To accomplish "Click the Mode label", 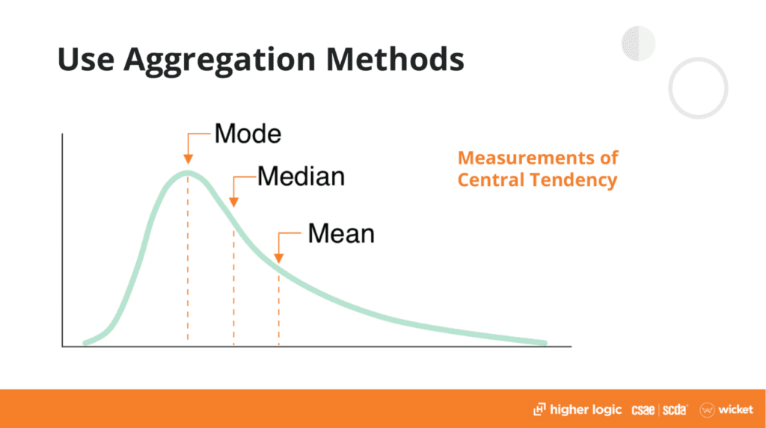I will tap(248, 134).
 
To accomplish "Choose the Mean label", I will tap(340, 234).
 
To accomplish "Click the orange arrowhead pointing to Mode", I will tap(188, 158).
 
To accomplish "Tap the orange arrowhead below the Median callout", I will tap(233, 201).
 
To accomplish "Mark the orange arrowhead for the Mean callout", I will tap(279, 257).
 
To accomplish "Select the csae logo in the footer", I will tap(644, 409).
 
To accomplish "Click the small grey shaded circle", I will tap(638, 43).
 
